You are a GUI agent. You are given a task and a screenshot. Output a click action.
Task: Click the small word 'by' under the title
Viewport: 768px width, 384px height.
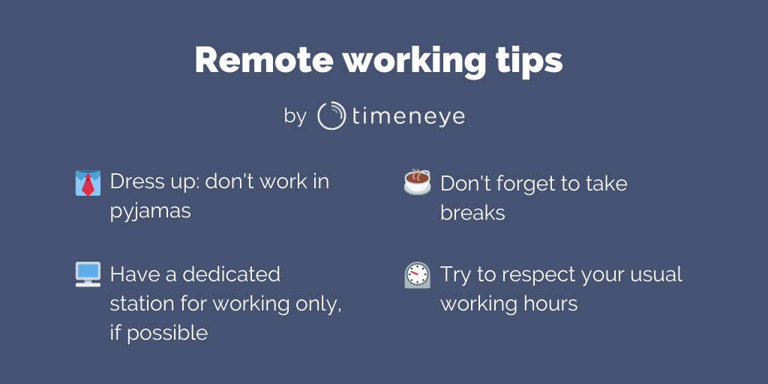tap(295, 116)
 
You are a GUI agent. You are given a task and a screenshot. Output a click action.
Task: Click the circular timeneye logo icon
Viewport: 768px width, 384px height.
tap(331, 115)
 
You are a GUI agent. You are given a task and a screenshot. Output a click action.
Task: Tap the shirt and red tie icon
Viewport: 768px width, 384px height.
tap(88, 183)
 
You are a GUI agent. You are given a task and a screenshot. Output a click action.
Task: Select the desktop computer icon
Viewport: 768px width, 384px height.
tap(88, 274)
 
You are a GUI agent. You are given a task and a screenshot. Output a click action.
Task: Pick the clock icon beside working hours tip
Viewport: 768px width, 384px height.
tap(417, 274)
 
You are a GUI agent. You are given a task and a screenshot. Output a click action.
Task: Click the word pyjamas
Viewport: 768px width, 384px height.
tap(150, 212)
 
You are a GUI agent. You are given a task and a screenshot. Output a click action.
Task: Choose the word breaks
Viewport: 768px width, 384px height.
tap(472, 212)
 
